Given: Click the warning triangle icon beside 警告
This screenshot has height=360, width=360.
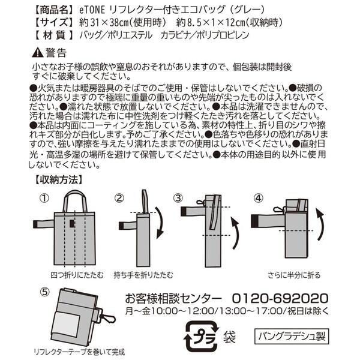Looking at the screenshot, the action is (x=37, y=53).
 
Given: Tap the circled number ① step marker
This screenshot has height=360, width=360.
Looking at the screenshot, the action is (x=44, y=198).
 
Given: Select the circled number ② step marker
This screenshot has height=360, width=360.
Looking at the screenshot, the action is (x=119, y=198).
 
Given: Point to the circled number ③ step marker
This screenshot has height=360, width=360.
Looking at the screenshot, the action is (x=178, y=198).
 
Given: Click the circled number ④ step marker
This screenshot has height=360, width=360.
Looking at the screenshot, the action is (x=259, y=198).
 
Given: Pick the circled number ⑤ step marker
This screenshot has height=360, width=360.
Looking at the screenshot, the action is (x=45, y=292).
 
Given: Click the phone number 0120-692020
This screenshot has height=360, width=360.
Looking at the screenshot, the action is (x=280, y=299).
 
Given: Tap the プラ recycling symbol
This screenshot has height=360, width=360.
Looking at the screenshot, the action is (x=201, y=337).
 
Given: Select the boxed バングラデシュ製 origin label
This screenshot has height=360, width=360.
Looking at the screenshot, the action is (x=292, y=337).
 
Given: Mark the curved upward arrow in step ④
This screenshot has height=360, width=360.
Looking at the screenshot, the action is (x=321, y=224).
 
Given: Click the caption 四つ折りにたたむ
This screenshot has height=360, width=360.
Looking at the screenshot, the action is (x=77, y=275).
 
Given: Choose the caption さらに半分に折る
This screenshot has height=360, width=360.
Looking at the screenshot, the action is (x=294, y=275).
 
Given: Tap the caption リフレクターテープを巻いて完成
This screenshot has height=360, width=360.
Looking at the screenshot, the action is (x=79, y=352).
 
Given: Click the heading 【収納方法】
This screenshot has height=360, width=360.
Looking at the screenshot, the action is (x=58, y=180).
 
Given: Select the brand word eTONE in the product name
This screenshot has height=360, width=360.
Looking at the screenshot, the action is (x=92, y=10).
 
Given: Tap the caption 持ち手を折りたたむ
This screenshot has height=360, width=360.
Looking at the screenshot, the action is (x=143, y=275).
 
